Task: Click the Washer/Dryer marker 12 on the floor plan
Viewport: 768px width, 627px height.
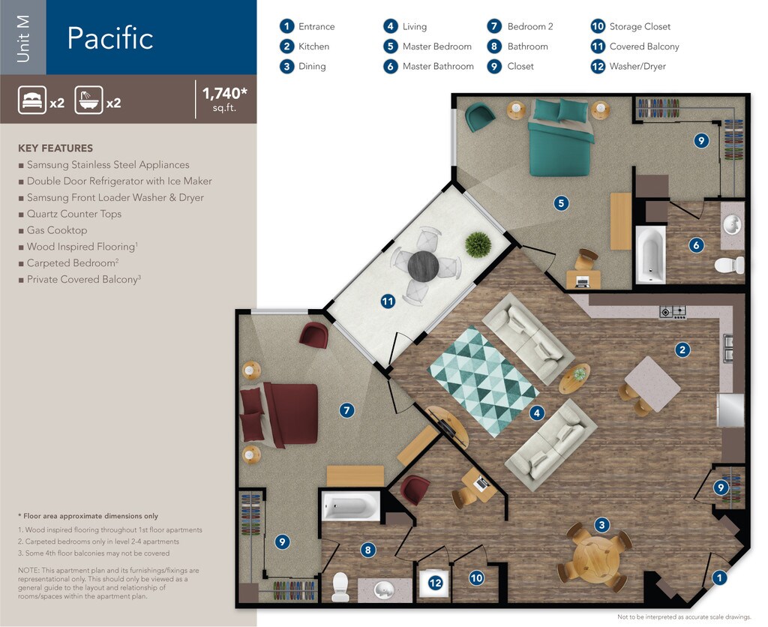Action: [x=435, y=583]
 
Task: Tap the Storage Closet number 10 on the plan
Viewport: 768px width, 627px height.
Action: [x=476, y=578]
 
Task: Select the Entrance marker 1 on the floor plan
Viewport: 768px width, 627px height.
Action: [x=719, y=578]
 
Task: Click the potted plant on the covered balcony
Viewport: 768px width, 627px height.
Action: [x=478, y=244]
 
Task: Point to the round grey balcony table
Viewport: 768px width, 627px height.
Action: [x=423, y=266]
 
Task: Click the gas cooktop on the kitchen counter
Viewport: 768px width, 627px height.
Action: [x=673, y=312]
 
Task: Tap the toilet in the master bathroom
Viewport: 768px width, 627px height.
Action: [x=730, y=265]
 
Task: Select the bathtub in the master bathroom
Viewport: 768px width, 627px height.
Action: [x=650, y=254]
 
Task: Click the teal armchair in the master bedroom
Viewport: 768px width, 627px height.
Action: [x=479, y=118]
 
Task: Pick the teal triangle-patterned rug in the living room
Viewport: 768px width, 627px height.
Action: [x=484, y=381]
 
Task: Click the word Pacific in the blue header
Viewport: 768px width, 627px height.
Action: [x=110, y=38]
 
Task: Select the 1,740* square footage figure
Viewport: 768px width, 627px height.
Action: [x=225, y=92]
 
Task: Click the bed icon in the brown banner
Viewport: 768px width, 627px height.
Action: [x=32, y=100]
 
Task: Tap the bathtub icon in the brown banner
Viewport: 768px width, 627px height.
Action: [x=88, y=100]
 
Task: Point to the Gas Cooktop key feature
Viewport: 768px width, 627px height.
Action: [x=57, y=230]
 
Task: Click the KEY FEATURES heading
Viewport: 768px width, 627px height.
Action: [x=55, y=148]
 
